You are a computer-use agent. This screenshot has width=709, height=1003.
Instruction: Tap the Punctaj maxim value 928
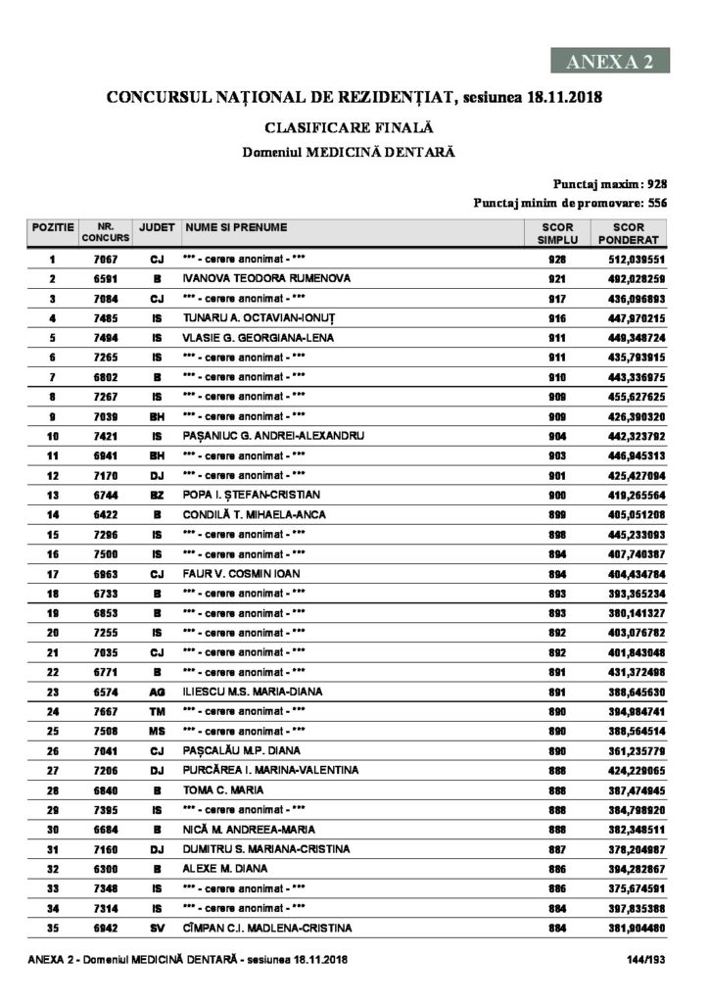657,183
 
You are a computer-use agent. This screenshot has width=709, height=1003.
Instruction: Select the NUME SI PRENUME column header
235,227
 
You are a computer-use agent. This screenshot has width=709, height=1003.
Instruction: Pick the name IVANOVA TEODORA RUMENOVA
253,279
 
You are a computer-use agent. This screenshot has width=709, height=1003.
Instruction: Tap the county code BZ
157,495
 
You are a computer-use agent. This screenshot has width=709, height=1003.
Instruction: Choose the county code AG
157,691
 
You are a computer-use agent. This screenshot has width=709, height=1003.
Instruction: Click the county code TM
157,710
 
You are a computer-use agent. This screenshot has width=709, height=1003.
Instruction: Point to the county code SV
157,928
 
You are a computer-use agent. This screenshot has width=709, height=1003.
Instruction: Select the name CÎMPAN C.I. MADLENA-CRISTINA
266,928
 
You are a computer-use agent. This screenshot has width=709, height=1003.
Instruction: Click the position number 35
52,928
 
